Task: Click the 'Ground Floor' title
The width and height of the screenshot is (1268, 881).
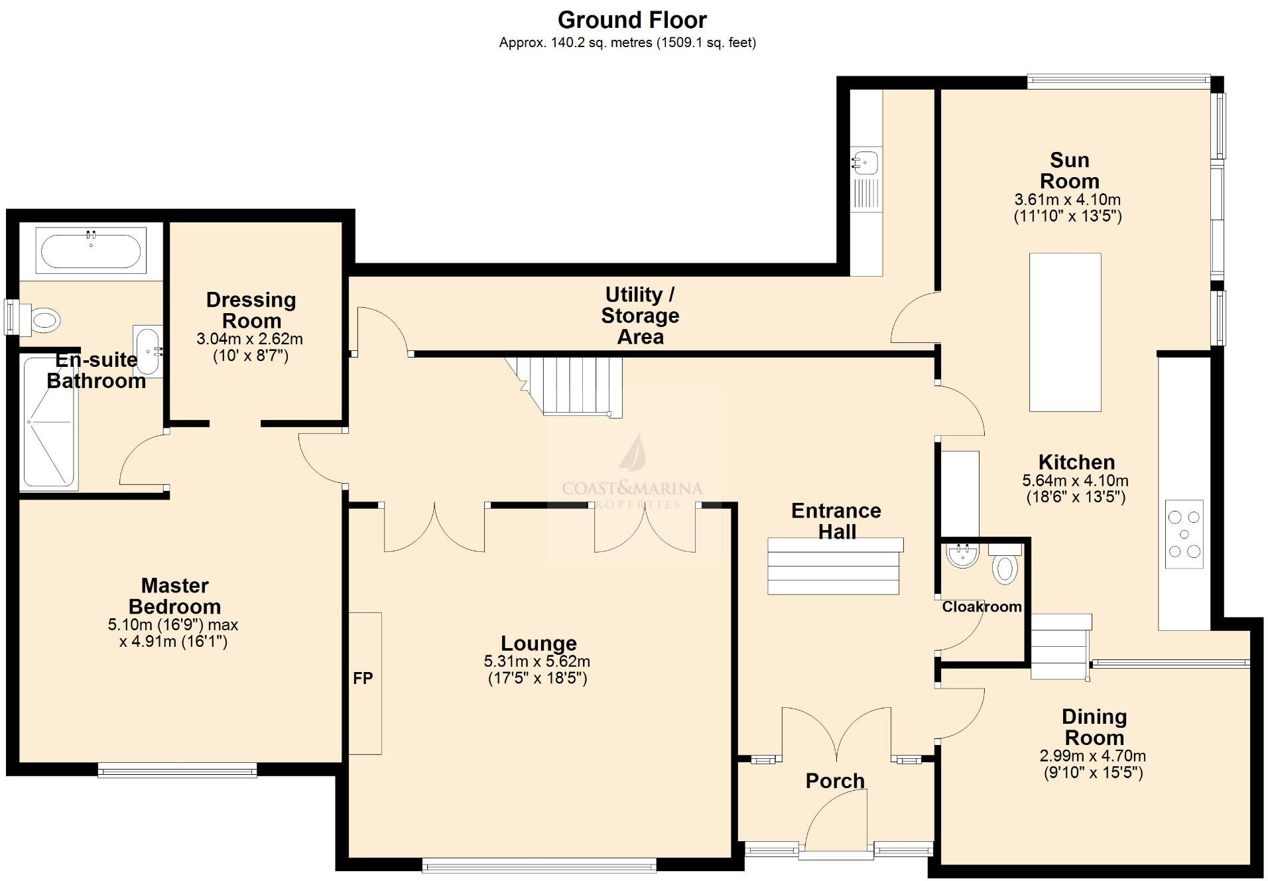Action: [632, 20]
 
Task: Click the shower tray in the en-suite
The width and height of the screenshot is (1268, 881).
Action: [48, 422]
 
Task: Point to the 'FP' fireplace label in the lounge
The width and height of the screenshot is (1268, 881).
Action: [363, 678]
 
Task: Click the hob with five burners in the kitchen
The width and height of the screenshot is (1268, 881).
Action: [1184, 533]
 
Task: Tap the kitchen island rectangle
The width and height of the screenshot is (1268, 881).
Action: [1064, 332]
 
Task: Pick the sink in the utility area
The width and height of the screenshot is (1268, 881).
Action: [865, 161]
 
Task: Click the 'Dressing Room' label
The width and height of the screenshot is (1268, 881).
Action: [251, 310]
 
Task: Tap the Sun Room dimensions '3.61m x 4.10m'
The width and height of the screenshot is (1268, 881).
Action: [1067, 200]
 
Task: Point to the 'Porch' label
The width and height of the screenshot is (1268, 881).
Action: [834, 781]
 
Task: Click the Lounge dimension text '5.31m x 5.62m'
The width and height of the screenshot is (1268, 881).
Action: [537, 661]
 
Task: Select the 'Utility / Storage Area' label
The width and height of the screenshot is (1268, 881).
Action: [640, 315]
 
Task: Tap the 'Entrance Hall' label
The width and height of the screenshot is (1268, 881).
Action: [836, 521]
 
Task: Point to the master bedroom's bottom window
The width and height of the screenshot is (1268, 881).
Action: [177, 770]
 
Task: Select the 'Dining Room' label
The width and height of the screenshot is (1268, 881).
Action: [1094, 727]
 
